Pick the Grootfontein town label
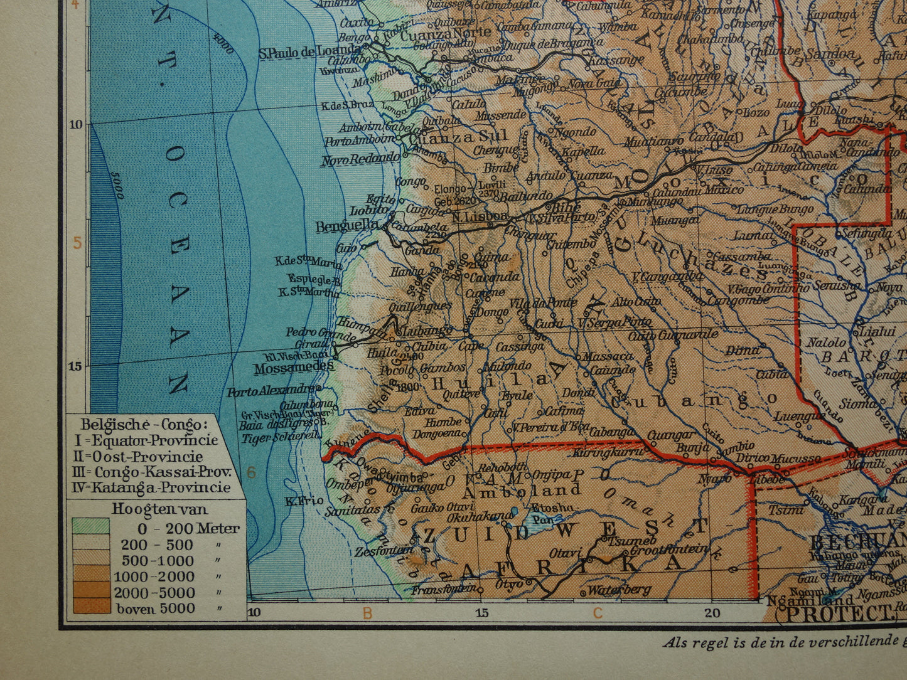pos(668,550)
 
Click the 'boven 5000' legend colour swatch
pos(90,607)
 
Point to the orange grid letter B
pos(368,613)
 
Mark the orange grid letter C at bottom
pos(598,613)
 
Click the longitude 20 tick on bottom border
pos(712,612)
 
